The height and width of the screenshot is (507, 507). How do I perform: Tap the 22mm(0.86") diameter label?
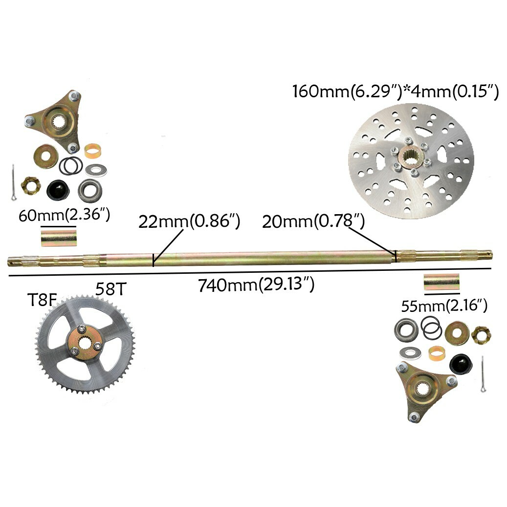pos(189,221)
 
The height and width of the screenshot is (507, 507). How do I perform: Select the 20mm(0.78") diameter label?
pos(313,221)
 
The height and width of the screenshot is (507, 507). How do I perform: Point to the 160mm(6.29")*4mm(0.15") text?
pos(395,91)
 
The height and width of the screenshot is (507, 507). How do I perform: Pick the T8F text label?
pos(42,299)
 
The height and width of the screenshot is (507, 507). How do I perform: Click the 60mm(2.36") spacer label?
pos(63,215)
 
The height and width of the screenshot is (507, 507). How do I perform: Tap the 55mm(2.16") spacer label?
pos(444,306)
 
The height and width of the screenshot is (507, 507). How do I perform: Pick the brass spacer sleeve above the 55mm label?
pos(441,282)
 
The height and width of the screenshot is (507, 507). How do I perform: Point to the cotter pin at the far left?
pos(13,182)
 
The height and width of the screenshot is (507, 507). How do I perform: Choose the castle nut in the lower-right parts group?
pos(481,335)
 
